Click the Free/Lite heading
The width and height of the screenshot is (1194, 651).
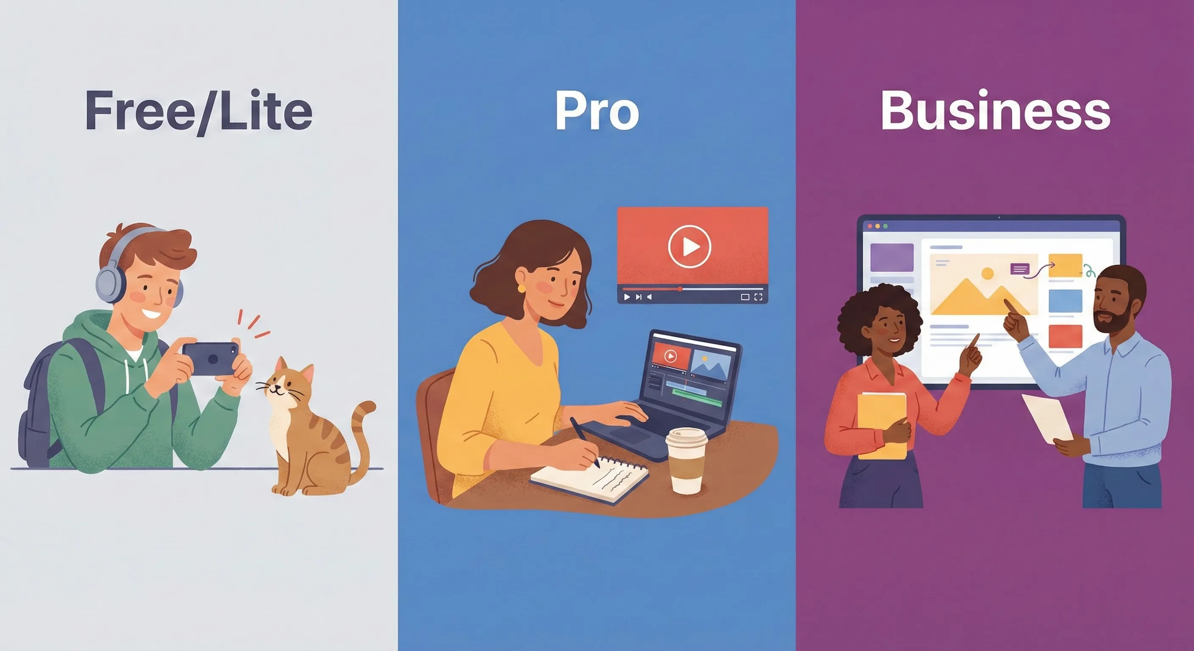[198, 111]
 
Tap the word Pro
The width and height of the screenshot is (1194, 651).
[597, 111]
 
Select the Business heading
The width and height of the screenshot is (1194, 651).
[995, 111]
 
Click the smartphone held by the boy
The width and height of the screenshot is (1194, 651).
[211, 359]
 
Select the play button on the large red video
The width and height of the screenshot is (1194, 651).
[689, 246]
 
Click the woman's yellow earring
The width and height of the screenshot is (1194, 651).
[522, 288]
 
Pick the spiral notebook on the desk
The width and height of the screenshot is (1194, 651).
[590, 480]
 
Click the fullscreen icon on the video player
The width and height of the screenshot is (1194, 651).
[758, 297]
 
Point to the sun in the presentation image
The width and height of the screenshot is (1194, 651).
[988, 273]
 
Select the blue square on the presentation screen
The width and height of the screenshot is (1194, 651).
[1065, 301]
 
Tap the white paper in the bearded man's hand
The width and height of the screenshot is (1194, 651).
[1049, 417]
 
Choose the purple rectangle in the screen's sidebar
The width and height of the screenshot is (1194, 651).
[892, 258]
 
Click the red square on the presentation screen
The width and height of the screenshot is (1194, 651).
[1065, 337]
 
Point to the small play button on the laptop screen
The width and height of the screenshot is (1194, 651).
[670, 356]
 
